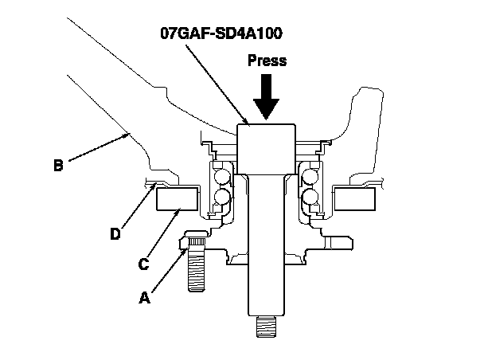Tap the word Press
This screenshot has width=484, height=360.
point(267,61)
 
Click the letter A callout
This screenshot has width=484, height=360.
point(144,298)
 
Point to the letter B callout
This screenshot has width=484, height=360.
point(58,166)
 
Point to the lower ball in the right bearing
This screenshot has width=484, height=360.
point(310,196)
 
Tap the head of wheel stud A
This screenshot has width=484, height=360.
point(195,238)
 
